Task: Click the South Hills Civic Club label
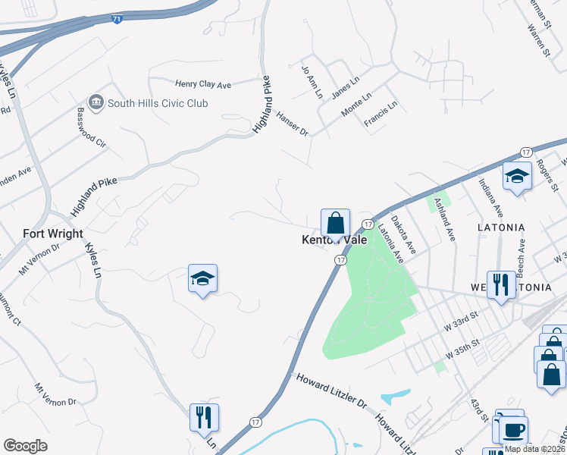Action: (158, 102)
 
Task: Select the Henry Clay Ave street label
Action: (202, 85)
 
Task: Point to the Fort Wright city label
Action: (53, 234)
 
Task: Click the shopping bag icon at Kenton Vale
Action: (335, 223)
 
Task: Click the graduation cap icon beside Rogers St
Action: (517, 177)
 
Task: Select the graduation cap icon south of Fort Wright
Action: (202, 278)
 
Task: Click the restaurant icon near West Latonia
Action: (501, 285)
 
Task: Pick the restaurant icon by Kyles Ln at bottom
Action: (204, 417)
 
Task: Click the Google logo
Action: (25, 446)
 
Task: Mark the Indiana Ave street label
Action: (490, 197)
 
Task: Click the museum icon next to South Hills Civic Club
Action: (96, 102)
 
